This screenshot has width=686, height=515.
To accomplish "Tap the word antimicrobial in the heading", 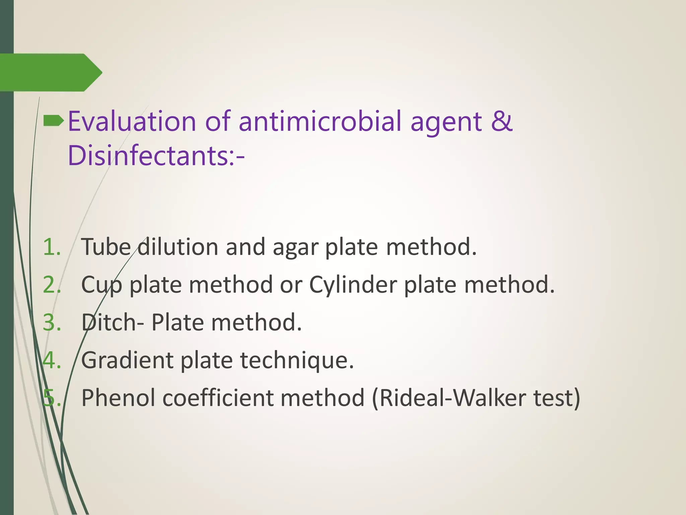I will (x=320, y=121).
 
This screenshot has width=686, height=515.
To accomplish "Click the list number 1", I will (x=52, y=247).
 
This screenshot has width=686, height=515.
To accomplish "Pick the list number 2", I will (x=52, y=285).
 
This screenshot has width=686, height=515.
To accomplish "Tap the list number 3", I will (x=52, y=323).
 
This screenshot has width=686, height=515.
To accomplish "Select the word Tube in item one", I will (x=106, y=247).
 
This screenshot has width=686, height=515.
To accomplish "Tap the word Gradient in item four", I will (x=127, y=360).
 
